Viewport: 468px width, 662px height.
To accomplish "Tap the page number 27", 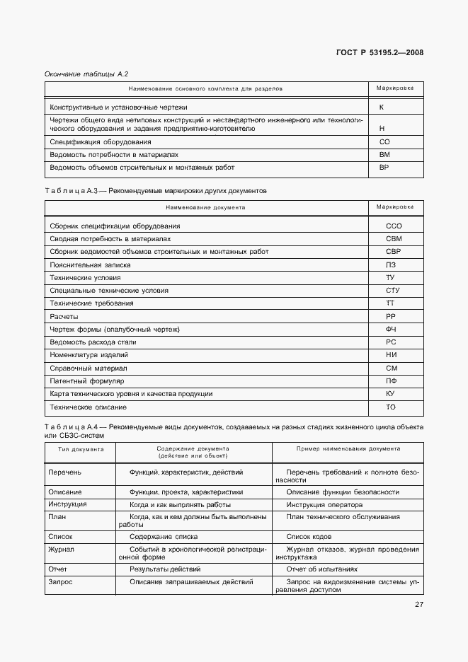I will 418,604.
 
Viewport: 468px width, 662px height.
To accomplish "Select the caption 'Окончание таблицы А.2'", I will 86,74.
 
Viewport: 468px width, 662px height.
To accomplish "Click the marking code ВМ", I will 384,154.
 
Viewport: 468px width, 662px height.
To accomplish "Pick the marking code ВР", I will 384,168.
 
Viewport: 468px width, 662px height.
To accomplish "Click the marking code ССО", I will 394,226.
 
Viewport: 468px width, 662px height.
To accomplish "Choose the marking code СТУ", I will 394,291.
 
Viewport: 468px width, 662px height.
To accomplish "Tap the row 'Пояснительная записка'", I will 90,265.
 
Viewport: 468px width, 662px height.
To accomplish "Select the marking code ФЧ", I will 390,330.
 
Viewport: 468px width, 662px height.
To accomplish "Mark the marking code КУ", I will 390,394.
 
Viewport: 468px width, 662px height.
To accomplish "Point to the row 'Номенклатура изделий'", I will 89,355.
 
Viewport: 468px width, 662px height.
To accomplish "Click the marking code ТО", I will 390,407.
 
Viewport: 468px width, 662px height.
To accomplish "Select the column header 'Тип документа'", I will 76,449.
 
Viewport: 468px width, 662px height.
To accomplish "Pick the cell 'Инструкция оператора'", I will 324,505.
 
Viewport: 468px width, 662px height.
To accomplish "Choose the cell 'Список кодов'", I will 310,537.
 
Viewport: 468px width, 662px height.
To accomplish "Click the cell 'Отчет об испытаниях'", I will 322,569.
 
